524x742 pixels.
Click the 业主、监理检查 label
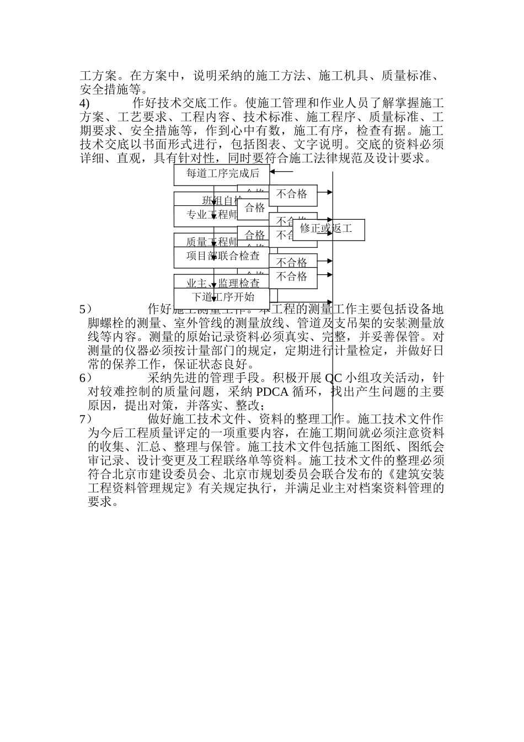click(222, 283)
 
